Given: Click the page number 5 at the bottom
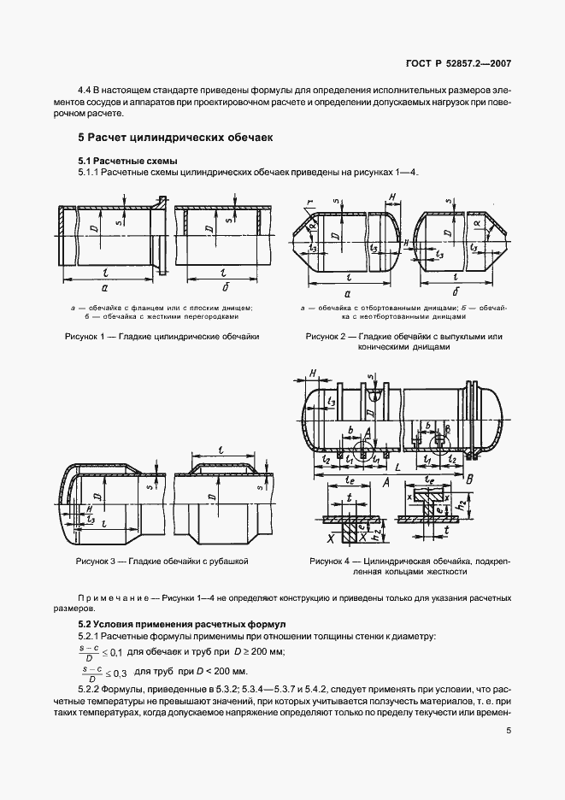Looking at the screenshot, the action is (x=509, y=731).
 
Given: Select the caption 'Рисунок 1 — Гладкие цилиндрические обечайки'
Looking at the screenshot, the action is (x=162, y=337).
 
